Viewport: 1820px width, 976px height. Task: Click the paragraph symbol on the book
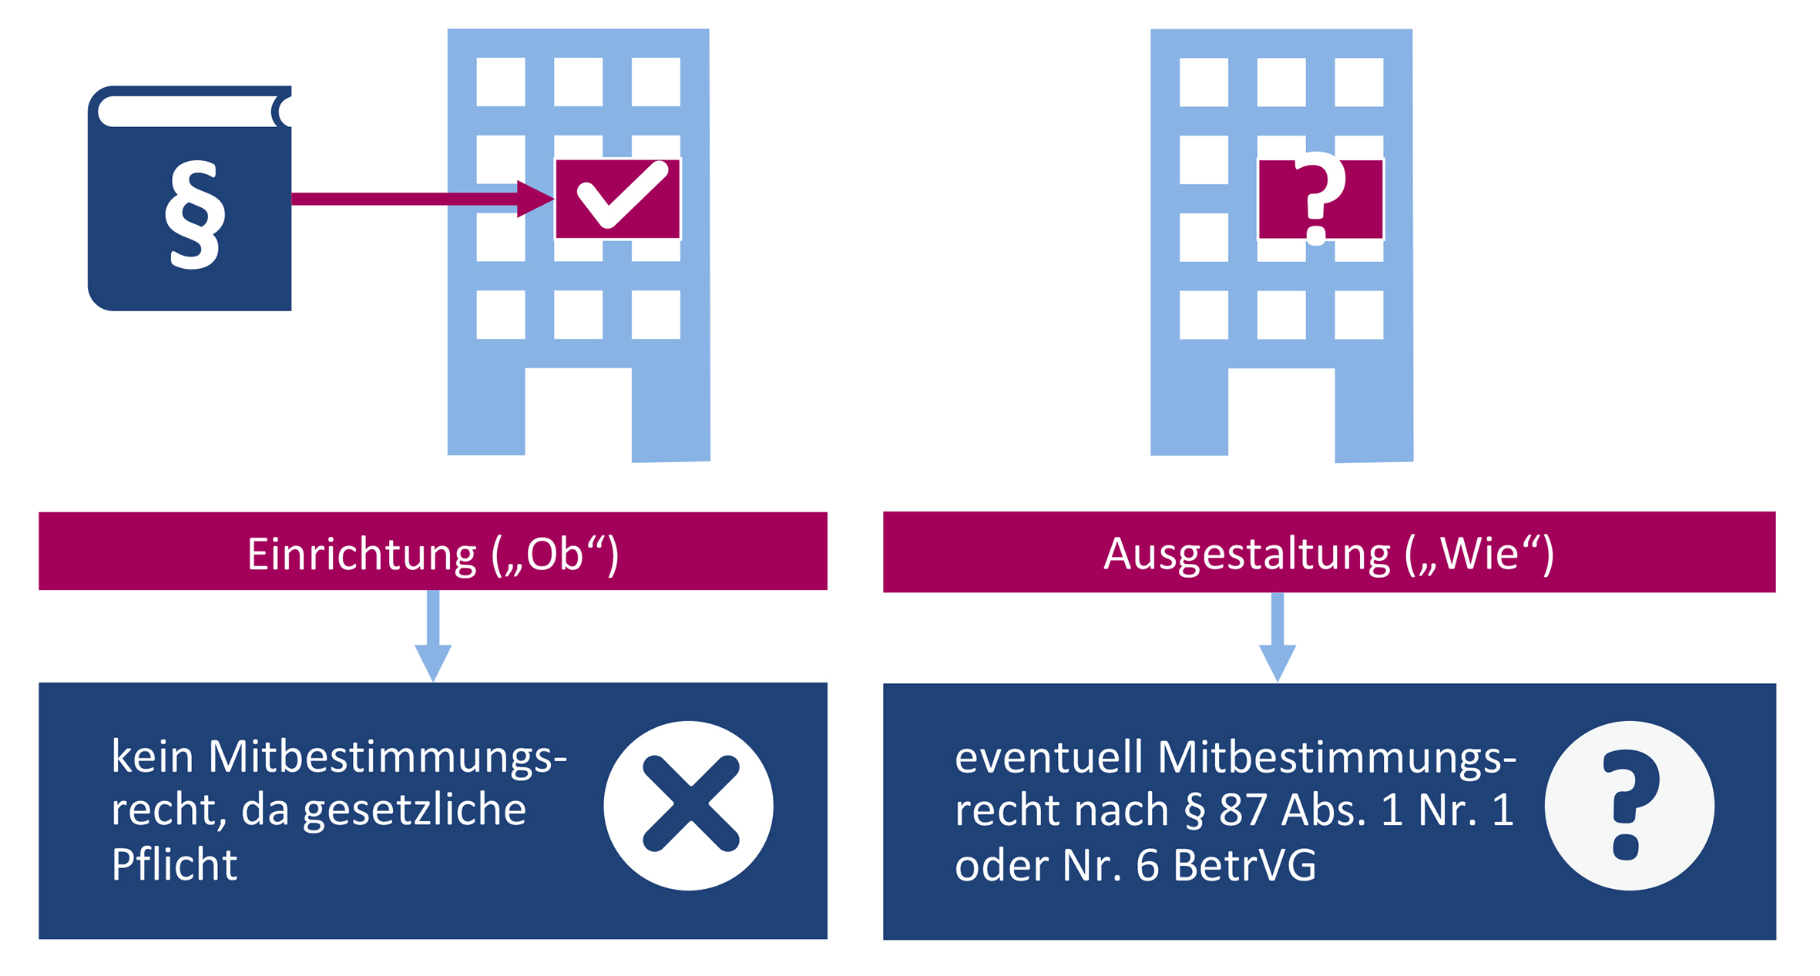(195, 214)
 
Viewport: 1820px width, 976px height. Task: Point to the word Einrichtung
(361, 554)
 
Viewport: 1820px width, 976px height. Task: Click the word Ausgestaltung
(1246, 554)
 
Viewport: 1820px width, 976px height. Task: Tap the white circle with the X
(688, 805)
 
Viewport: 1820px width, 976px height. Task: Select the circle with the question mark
(1629, 805)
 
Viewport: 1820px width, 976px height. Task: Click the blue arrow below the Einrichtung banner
(433, 636)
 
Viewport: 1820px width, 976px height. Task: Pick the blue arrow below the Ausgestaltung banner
(1277, 636)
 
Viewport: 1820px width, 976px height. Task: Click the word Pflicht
(174, 864)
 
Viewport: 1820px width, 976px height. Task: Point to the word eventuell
(1049, 758)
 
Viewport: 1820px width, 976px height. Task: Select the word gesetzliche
(415, 811)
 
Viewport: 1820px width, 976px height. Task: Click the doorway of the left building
(578, 412)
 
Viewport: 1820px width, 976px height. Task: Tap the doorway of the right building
(1281, 413)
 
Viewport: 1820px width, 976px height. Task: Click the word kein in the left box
(152, 756)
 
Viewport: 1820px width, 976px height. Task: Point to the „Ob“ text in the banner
(556, 554)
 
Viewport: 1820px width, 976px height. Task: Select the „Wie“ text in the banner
(1479, 554)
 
